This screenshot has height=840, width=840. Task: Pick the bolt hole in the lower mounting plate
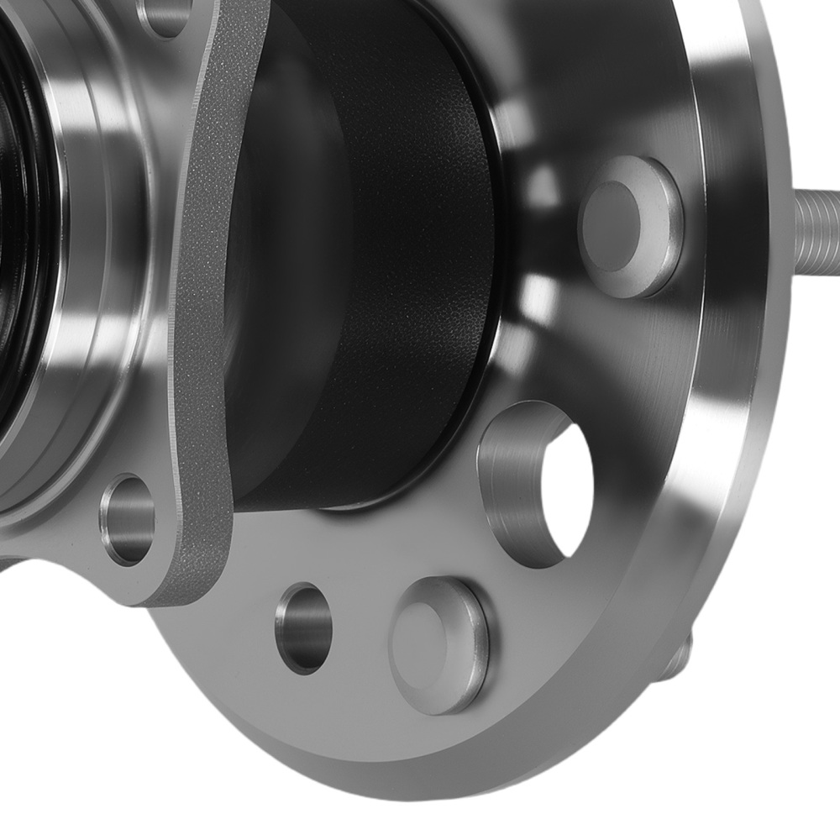[x=128, y=520]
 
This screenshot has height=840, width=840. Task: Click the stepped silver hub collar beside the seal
[x=92, y=252]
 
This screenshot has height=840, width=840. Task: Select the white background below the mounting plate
[x=67, y=714]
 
